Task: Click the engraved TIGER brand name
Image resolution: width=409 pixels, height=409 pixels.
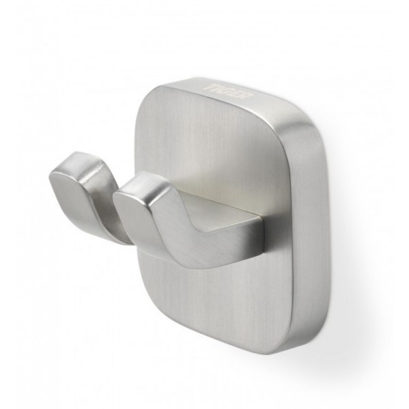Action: [x=229, y=93]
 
